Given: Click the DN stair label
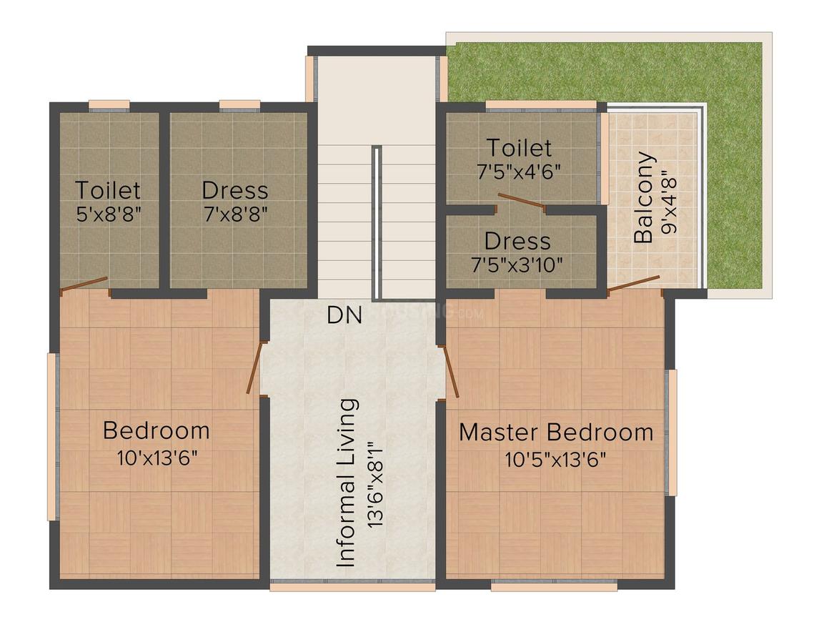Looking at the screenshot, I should (345, 315).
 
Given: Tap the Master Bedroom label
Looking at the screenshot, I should (555, 433).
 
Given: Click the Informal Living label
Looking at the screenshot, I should (347, 483).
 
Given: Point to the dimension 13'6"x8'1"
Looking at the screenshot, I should (374, 485).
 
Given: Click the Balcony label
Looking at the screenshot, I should (644, 197).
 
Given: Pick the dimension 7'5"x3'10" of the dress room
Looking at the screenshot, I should (517, 265).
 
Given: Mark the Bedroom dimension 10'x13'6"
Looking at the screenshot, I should (157, 458).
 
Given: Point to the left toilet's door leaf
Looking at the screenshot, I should (84, 285).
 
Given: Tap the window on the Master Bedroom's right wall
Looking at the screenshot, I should (671, 432).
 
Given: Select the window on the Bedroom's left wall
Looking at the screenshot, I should (51, 436).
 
